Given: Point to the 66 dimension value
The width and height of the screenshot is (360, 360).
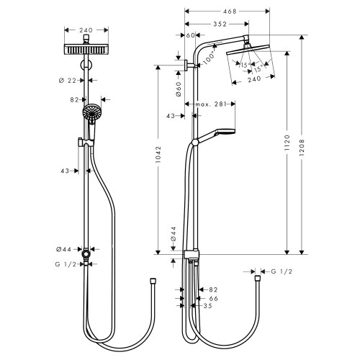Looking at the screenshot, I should (x=213, y=298).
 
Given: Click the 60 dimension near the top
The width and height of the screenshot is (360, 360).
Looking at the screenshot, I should (x=191, y=35).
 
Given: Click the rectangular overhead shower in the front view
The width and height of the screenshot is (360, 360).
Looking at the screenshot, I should (x=86, y=50).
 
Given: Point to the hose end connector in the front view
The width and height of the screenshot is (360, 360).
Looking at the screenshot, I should (x=152, y=279).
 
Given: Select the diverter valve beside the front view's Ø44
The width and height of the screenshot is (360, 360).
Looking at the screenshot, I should (x=86, y=253).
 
